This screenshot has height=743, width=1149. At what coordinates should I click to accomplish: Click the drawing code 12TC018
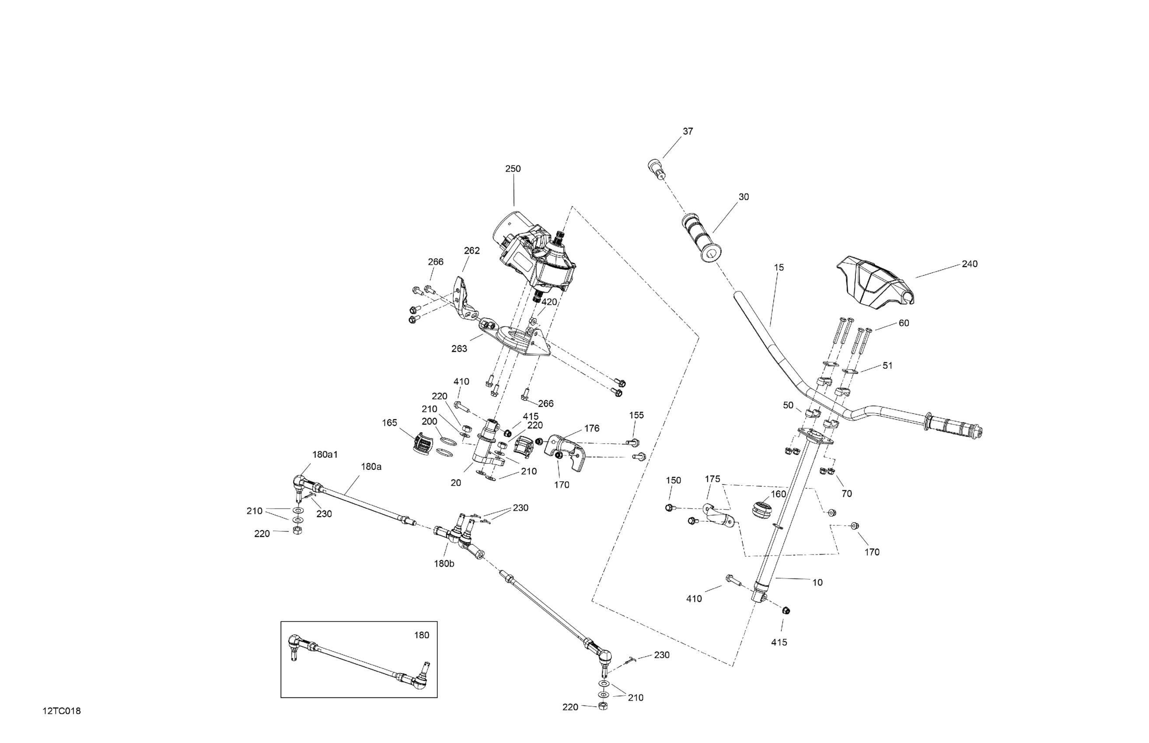pyautogui.click(x=61, y=711)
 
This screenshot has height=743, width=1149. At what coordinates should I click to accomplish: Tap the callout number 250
pyautogui.click(x=513, y=169)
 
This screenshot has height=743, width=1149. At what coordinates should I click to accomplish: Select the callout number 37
pyautogui.click(x=688, y=131)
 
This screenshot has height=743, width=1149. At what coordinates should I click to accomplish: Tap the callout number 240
pyautogui.click(x=969, y=264)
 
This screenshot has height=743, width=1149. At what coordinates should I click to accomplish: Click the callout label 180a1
pyautogui.click(x=325, y=455)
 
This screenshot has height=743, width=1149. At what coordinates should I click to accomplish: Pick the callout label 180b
pyautogui.click(x=444, y=563)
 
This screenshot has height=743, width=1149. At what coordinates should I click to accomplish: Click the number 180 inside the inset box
pyautogui.click(x=422, y=635)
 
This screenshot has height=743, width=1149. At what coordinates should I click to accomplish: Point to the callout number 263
pyautogui.click(x=459, y=349)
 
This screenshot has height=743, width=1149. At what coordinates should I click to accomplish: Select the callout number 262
pyautogui.click(x=471, y=251)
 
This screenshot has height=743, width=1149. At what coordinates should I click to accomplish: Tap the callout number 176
pyautogui.click(x=591, y=428)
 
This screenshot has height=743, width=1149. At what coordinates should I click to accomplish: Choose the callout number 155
pyautogui.click(x=636, y=415)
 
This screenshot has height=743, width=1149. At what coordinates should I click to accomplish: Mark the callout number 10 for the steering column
pyautogui.click(x=817, y=583)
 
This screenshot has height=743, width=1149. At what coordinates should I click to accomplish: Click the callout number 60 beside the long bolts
pyautogui.click(x=904, y=323)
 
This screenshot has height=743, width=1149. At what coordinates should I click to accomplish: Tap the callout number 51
pyautogui.click(x=887, y=366)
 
